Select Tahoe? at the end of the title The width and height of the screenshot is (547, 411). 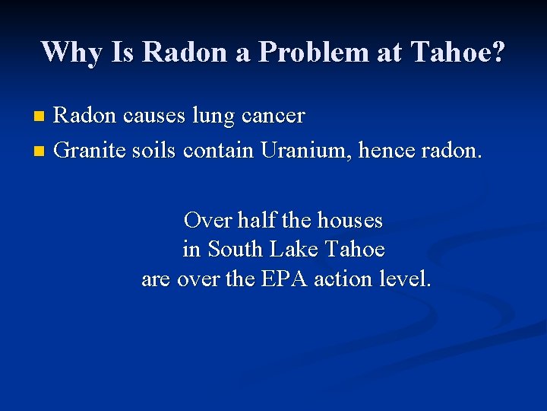click(458, 52)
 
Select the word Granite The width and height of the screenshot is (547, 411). click(85, 150)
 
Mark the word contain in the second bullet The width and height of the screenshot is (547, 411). click(218, 150)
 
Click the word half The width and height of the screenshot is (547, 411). click(256, 221)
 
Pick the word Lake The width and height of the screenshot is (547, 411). click(297, 250)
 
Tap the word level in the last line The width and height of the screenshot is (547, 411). click(408, 279)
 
